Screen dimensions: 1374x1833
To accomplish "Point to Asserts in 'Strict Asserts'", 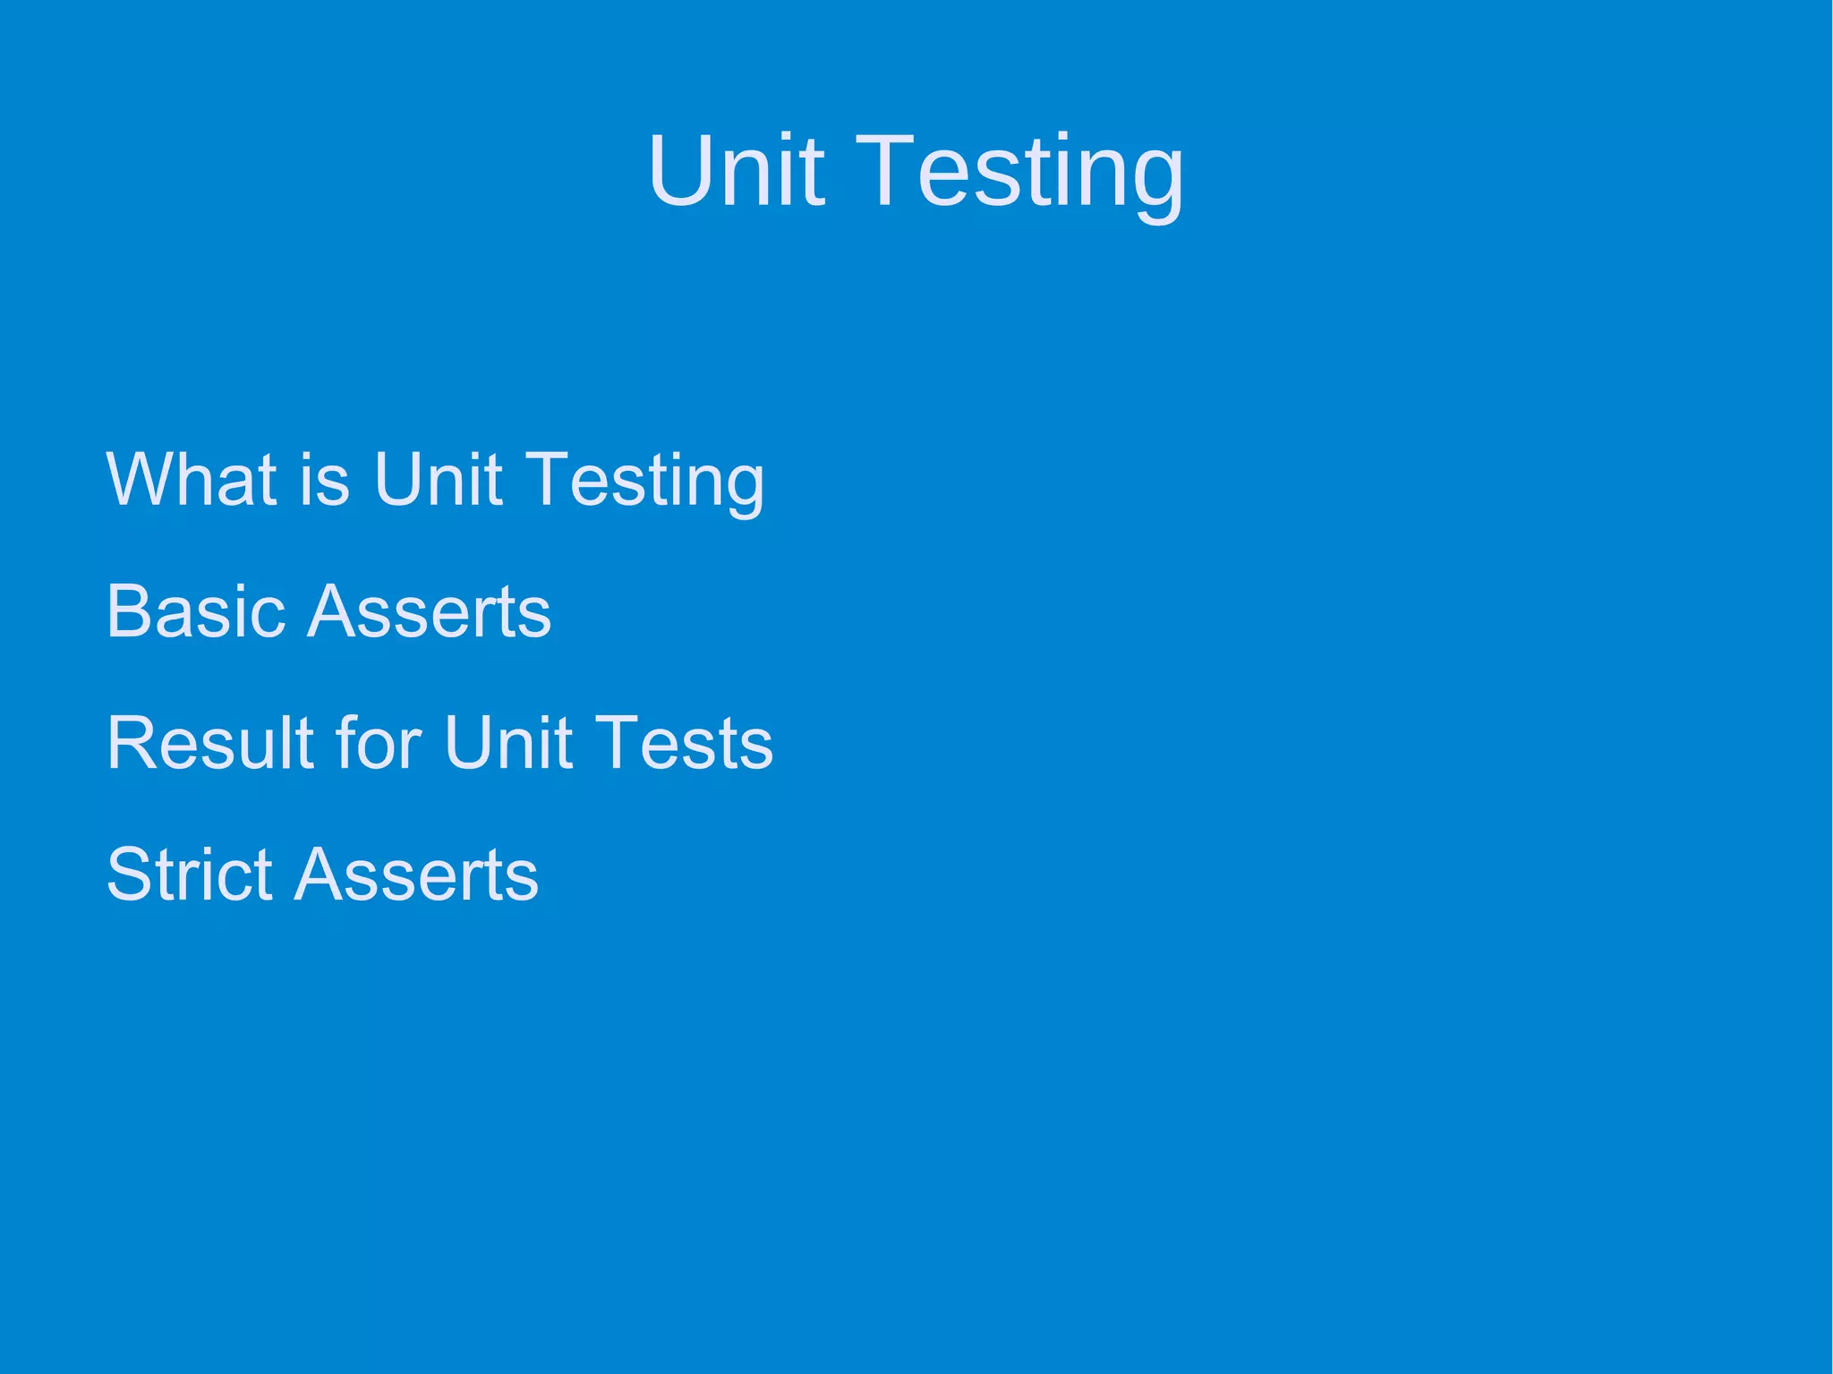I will pos(416,874).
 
